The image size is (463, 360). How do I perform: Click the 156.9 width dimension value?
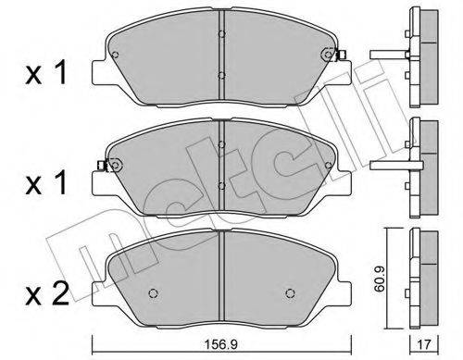[x=221, y=344]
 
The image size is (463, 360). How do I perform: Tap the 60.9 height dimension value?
[x=379, y=279]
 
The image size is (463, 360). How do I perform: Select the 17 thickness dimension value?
[x=424, y=344]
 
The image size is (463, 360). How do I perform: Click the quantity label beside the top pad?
[x=46, y=72]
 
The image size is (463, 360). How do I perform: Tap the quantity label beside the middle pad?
[x=46, y=182]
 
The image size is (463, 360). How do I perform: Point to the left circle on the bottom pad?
[x=154, y=292]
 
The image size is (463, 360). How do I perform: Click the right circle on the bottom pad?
[x=290, y=292]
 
